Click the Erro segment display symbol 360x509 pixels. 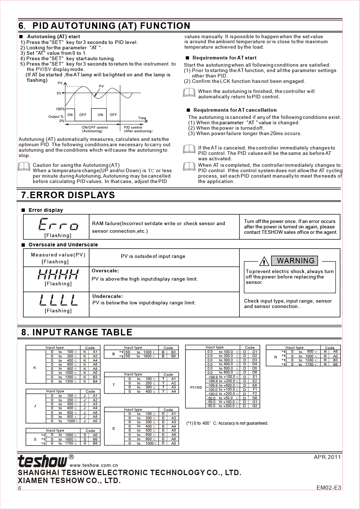(x=58, y=225)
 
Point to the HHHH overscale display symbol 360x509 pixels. (x=58, y=275)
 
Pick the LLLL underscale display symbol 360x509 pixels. (x=58, y=300)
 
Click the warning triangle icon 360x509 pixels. (x=264, y=261)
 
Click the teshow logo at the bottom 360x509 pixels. (x=42, y=461)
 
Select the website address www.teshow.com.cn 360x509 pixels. (x=94, y=465)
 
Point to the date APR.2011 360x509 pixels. (x=327, y=457)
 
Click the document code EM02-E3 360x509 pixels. (x=328, y=488)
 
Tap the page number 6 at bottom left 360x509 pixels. (x=20, y=488)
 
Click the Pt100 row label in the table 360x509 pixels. (x=196, y=387)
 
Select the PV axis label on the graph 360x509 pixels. (x=60, y=83)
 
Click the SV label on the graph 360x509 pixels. (x=59, y=93)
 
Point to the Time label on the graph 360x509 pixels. (x=142, y=118)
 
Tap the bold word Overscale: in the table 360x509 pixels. (x=105, y=271)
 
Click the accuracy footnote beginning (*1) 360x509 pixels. (x=227, y=423)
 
